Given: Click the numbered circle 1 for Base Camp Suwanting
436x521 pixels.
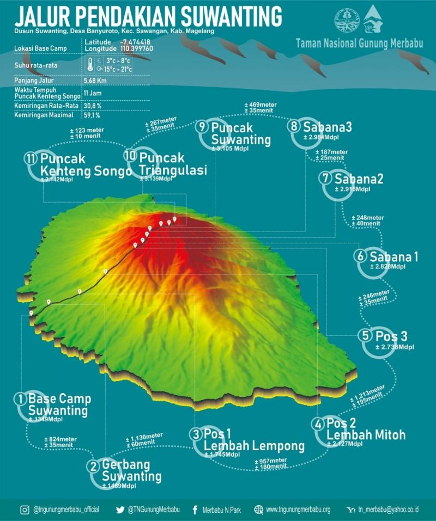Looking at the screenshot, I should [x=21, y=399].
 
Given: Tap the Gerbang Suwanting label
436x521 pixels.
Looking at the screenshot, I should [x=131, y=471].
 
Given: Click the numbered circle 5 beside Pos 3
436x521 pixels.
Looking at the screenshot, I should [x=365, y=335].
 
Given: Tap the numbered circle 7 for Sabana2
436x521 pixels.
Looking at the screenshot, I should [x=326, y=178].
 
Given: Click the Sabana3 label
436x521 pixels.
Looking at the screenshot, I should [x=328, y=127].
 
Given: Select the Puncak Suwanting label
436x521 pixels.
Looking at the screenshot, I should [x=240, y=133].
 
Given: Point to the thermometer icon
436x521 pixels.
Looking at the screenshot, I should [x=89, y=65].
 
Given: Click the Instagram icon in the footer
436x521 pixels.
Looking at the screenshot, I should [x=25, y=510].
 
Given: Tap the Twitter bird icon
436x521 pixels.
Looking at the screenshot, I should [x=120, y=510].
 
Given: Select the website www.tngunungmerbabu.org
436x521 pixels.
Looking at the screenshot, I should [x=298, y=510].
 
